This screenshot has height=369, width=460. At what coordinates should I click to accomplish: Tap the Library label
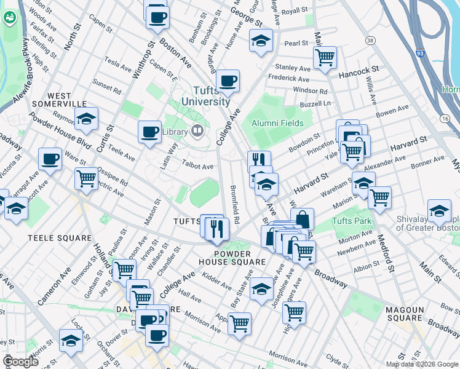pos(178,130)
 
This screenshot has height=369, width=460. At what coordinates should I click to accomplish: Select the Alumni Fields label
pos(278,123)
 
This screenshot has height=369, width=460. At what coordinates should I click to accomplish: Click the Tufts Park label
pos(352,221)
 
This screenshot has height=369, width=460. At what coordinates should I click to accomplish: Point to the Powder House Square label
pos(240,258)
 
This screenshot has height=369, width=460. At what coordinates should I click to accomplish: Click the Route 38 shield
pos(370,40)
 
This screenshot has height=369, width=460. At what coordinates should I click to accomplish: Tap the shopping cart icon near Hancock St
pos(325,58)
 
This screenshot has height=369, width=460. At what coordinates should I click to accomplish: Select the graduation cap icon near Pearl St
pos(261,41)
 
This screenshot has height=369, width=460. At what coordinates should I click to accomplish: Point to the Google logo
pos(20,362)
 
